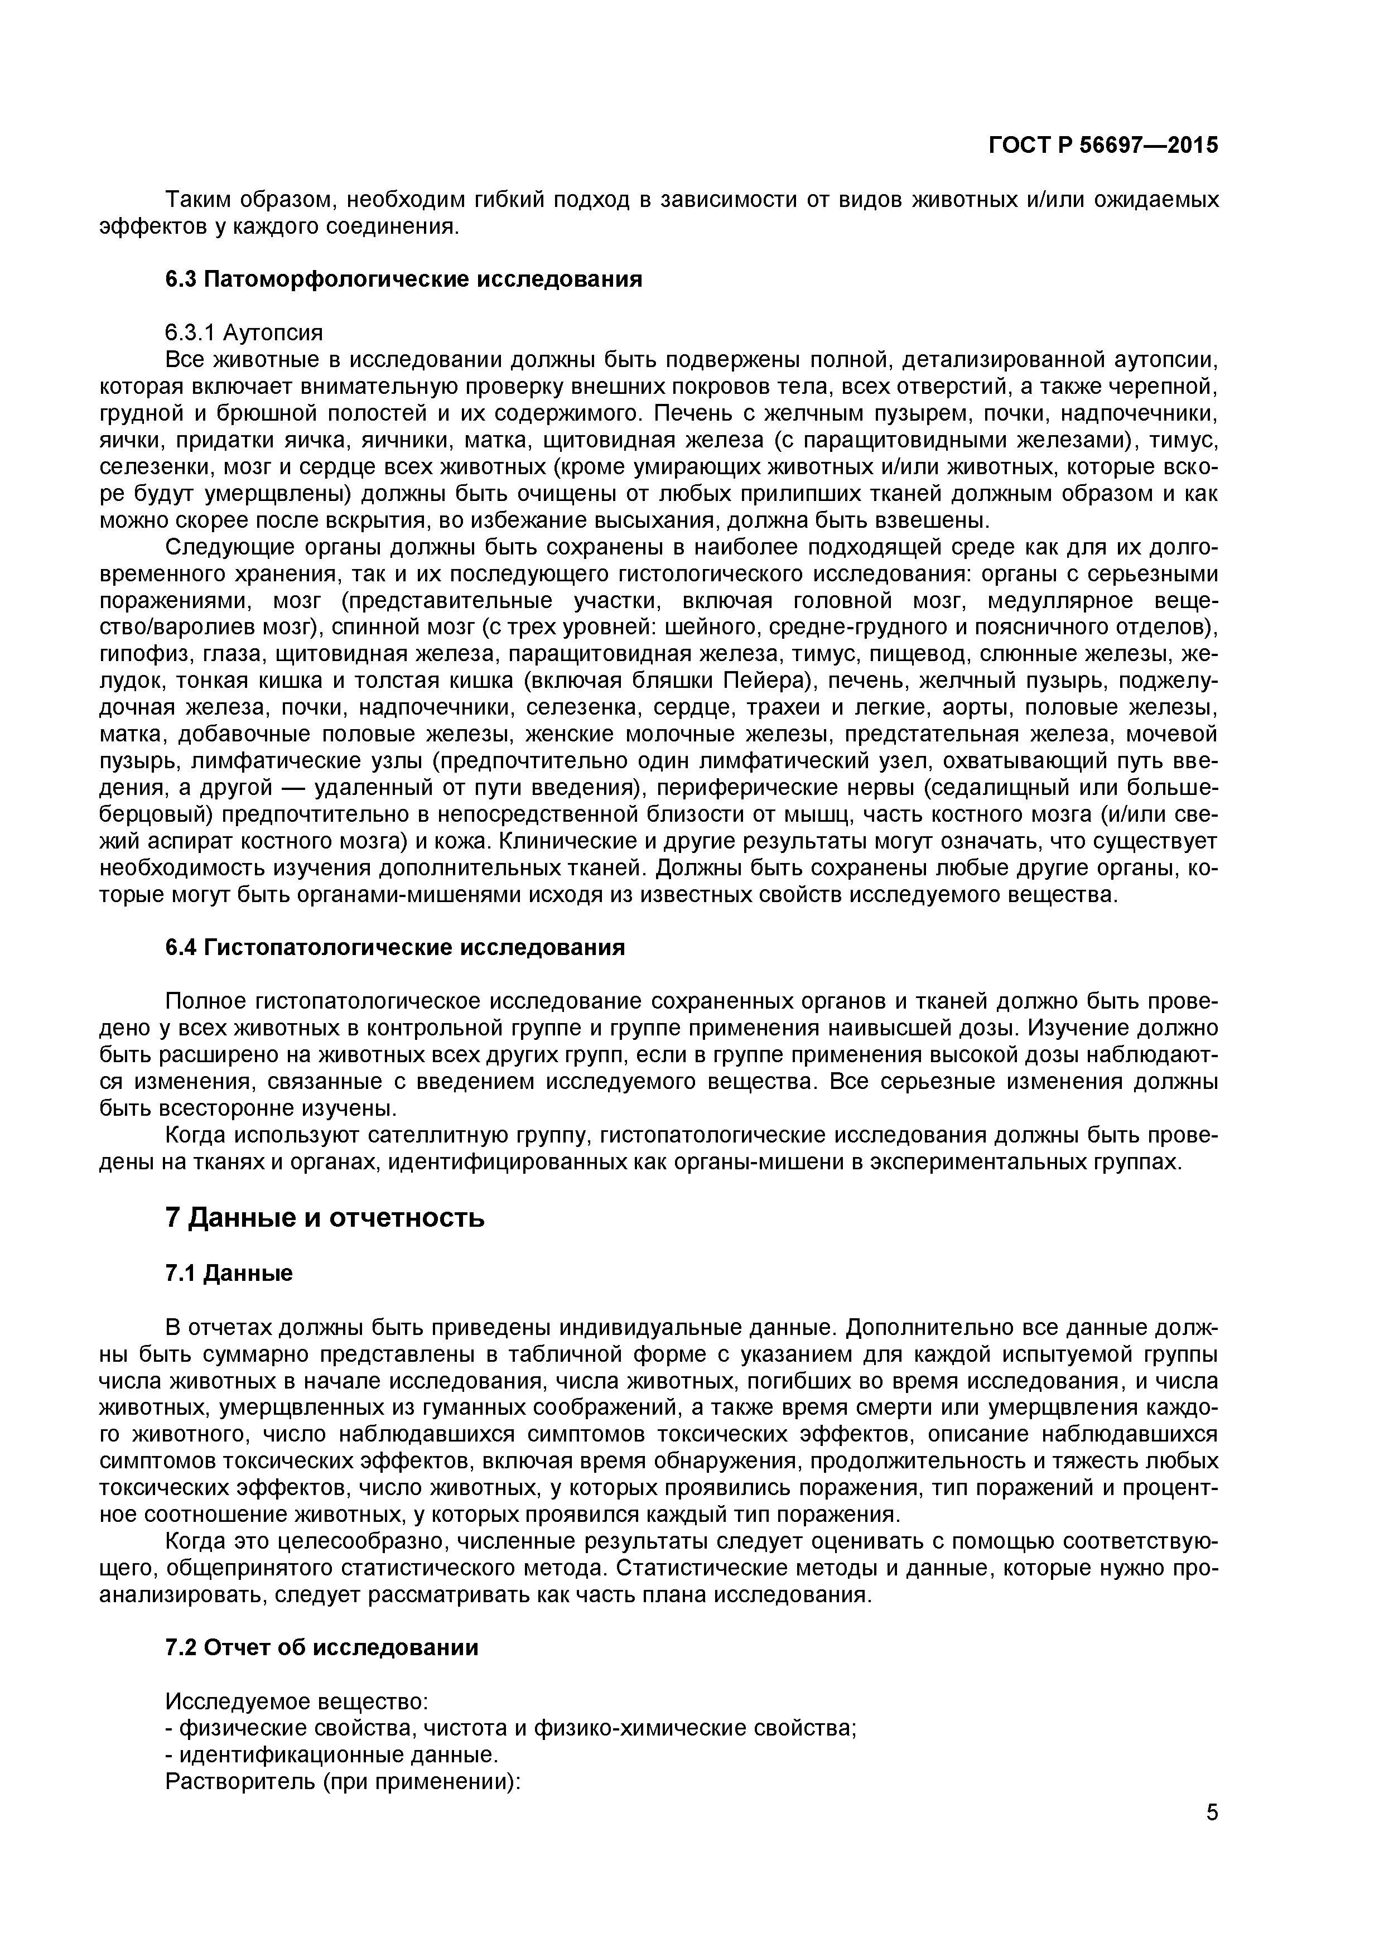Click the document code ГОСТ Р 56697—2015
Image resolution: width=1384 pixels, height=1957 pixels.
[x=1103, y=146]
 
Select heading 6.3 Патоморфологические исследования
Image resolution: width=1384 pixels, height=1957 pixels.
[x=403, y=279]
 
